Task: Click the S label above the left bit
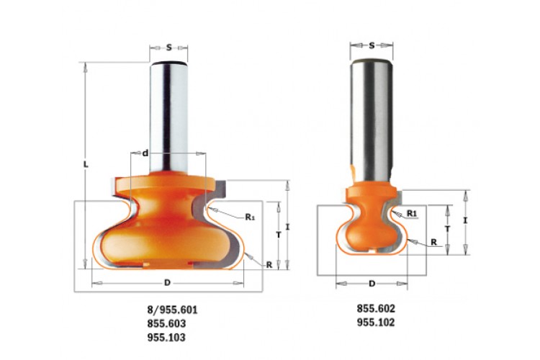point(168,48)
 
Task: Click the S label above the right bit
point(372,45)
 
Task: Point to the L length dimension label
point(86,164)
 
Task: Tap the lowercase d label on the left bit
point(145,153)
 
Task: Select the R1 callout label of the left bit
point(250,217)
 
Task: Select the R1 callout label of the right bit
point(412,214)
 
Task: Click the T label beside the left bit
point(279,235)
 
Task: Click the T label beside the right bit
point(447,228)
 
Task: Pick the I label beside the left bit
point(288,227)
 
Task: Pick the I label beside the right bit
point(465,220)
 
